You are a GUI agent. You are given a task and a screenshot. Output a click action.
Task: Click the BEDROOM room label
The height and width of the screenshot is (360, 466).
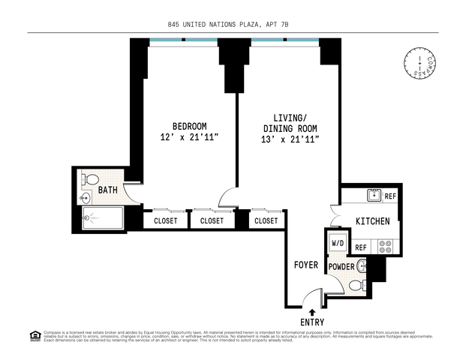189,126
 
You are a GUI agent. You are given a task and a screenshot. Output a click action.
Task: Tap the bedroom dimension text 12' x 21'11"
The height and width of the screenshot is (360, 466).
189,138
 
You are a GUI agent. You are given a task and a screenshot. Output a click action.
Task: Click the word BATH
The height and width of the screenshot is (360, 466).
108,190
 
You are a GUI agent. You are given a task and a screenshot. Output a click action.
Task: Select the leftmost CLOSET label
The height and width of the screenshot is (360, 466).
166,220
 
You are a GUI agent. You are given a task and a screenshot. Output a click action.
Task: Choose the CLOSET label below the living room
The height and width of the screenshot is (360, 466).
266,220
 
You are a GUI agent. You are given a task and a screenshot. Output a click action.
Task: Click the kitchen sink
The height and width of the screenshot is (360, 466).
373,196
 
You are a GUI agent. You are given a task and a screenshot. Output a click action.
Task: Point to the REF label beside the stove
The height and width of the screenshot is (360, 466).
360,247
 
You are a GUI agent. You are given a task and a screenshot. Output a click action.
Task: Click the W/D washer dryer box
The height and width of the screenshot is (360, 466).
338,243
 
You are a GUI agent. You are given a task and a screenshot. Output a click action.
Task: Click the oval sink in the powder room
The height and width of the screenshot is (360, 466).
362,265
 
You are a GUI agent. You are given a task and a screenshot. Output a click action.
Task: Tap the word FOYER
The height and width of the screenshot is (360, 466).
306,265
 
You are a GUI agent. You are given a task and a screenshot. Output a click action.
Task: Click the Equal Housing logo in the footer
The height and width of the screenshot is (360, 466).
33,334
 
